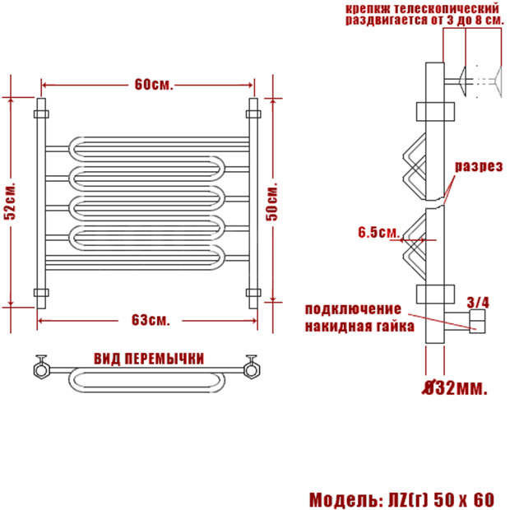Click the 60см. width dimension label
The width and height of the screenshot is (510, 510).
pos(154,85)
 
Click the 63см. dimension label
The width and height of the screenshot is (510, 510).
pos(151,320)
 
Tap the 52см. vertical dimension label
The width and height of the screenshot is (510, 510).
pos(10,202)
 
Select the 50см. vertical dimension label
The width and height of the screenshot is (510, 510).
pos(272,202)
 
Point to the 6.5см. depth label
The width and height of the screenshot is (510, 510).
pos(378,233)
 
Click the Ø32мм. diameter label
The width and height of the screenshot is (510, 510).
pos(456,387)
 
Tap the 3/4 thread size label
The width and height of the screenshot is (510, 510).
pos(478,303)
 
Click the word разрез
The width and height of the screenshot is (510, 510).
pos(479,167)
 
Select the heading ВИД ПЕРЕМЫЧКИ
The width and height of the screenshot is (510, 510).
pos(149,359)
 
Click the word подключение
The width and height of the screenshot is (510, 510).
pos(353,309)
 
